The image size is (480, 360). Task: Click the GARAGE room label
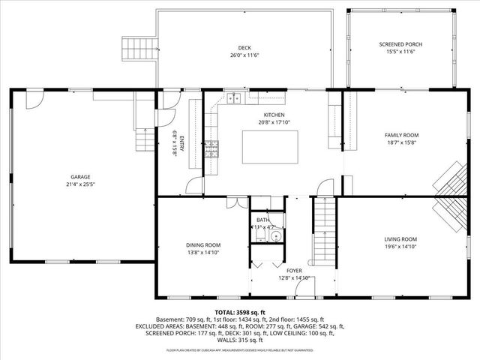(81, 177)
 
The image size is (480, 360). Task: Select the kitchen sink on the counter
(235, 97)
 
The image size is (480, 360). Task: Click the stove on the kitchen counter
(212, 148)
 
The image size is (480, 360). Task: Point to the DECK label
(244, 46)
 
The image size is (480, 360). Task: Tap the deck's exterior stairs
(139, 49)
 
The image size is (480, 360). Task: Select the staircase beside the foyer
(323, 225)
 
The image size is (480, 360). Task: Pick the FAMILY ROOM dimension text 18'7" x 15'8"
(402, 142)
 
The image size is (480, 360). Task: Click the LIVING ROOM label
(401, 239)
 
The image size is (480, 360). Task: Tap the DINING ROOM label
(203, 244)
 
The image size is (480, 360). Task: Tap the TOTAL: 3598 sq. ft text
(240, 312)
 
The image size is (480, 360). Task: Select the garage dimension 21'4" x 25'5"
(81, 184)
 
